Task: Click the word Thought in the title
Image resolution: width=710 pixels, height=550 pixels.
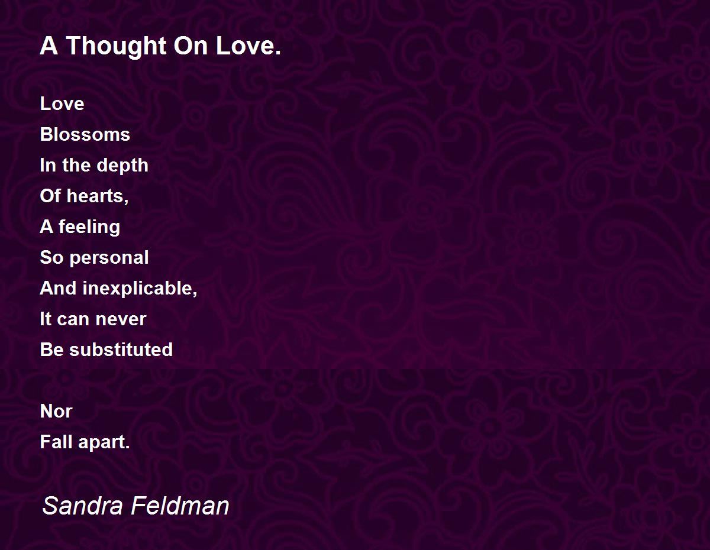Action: (x=117, y=46)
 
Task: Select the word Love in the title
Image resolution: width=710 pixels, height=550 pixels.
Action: (x=248, y=46)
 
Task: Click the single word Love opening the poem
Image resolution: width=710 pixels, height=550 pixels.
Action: (x=62, y=103)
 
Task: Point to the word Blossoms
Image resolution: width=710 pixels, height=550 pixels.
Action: (x=85, y=134)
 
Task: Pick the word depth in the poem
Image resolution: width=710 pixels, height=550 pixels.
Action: (x=122, y=166)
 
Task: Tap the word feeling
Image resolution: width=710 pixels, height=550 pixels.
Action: (x=89, y=227)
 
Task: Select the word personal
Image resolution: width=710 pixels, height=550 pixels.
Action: (x=109, y=258)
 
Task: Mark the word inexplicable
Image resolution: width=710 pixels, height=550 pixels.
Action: (x=140, y=289)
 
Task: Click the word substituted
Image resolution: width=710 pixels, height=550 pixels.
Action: (x=121, y=350)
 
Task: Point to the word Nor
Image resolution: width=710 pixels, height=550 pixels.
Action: (x=56, y=411)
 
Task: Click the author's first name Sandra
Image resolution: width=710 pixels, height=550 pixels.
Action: (x=83, y=506)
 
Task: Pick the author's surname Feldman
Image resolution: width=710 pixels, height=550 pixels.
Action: (x=180, y=506)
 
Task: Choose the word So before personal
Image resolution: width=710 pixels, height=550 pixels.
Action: (x=51, y=257)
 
